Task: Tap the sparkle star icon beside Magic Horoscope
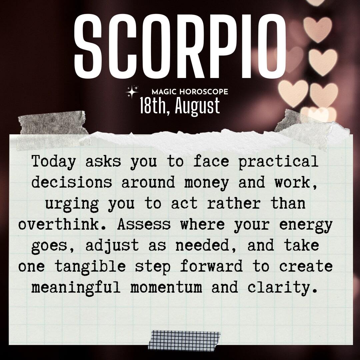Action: tap(132, 92)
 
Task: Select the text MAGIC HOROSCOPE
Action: tap(190, 92)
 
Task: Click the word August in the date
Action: tap(197, 106)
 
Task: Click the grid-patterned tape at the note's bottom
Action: tap(184, 340)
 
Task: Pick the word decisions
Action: tap(72, 182)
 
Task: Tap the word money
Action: tap(206, 183)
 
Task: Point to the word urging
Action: tap(72, 204)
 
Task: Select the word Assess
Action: tap(144, 224)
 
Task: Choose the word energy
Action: tap(306, 225)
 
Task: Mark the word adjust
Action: tap(112, 246)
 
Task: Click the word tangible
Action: tap(90, 267)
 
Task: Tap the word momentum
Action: tap(166, 288)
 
